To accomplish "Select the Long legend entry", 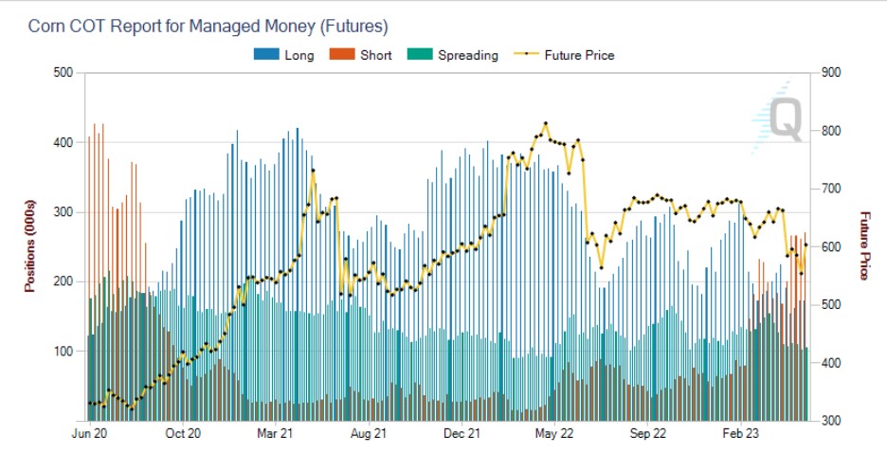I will click(x=284, y=55).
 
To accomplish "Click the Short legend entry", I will click(x=361, y=55).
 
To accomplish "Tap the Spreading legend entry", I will click(x=453, y=55).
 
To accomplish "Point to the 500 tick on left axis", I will click(x=63, y=73).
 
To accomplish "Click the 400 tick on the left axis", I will click(x=63, y=143).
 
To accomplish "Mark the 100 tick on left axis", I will click(x=63, y=352).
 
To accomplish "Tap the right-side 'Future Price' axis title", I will click(x=863, y=245).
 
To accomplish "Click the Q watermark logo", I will click(x=783, y=118).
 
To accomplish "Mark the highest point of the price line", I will click(x=546, y=124).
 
